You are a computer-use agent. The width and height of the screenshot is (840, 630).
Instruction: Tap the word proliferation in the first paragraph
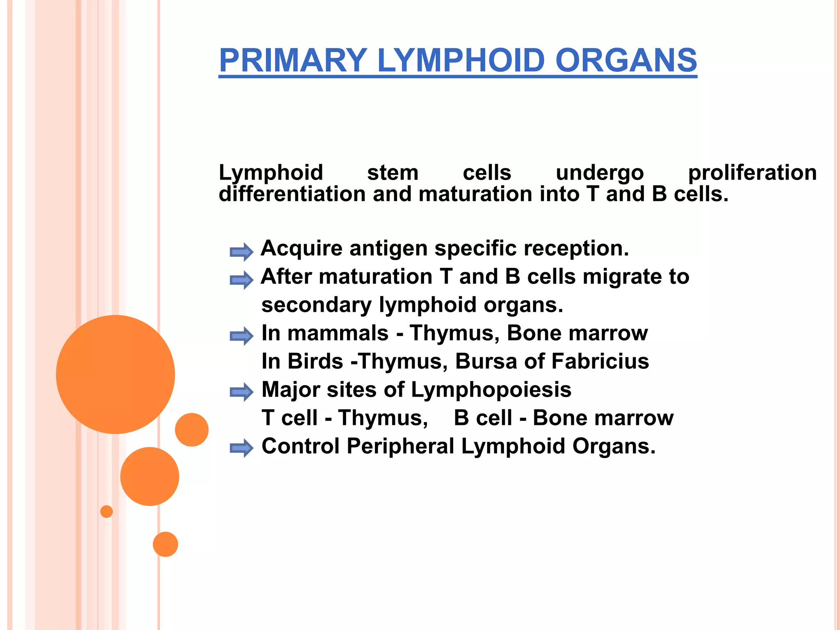click(x=752, y=173)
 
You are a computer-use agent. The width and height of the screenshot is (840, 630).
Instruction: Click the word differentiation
click(x=292, y=194)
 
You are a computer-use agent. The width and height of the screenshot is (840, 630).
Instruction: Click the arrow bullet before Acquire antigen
click(x=241, y=251)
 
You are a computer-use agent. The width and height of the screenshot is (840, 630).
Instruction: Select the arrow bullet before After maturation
click(x=241, y=280)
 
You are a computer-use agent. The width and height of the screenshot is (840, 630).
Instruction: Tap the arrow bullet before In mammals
click(x=241, y=336)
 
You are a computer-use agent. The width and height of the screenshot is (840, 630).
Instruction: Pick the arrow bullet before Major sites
click(x=241, y=392)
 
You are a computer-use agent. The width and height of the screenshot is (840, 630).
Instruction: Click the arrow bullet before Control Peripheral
click(x=241, y=448)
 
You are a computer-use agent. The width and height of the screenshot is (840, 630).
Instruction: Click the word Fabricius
click(x=600, y=361)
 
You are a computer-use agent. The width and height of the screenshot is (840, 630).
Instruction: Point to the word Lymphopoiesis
click(x=491, y=390)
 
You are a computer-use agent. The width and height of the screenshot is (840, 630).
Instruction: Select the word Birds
click(x=315, y=361)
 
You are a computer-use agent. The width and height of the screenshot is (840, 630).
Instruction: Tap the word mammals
click(x=338, y=333)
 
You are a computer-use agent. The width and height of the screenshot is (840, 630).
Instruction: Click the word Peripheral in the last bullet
click(x=400, y=446)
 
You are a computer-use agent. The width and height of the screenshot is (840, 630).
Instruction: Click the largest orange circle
click(x=115, y=374)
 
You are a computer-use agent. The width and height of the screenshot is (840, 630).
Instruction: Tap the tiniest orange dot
click(x=107, y=511)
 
